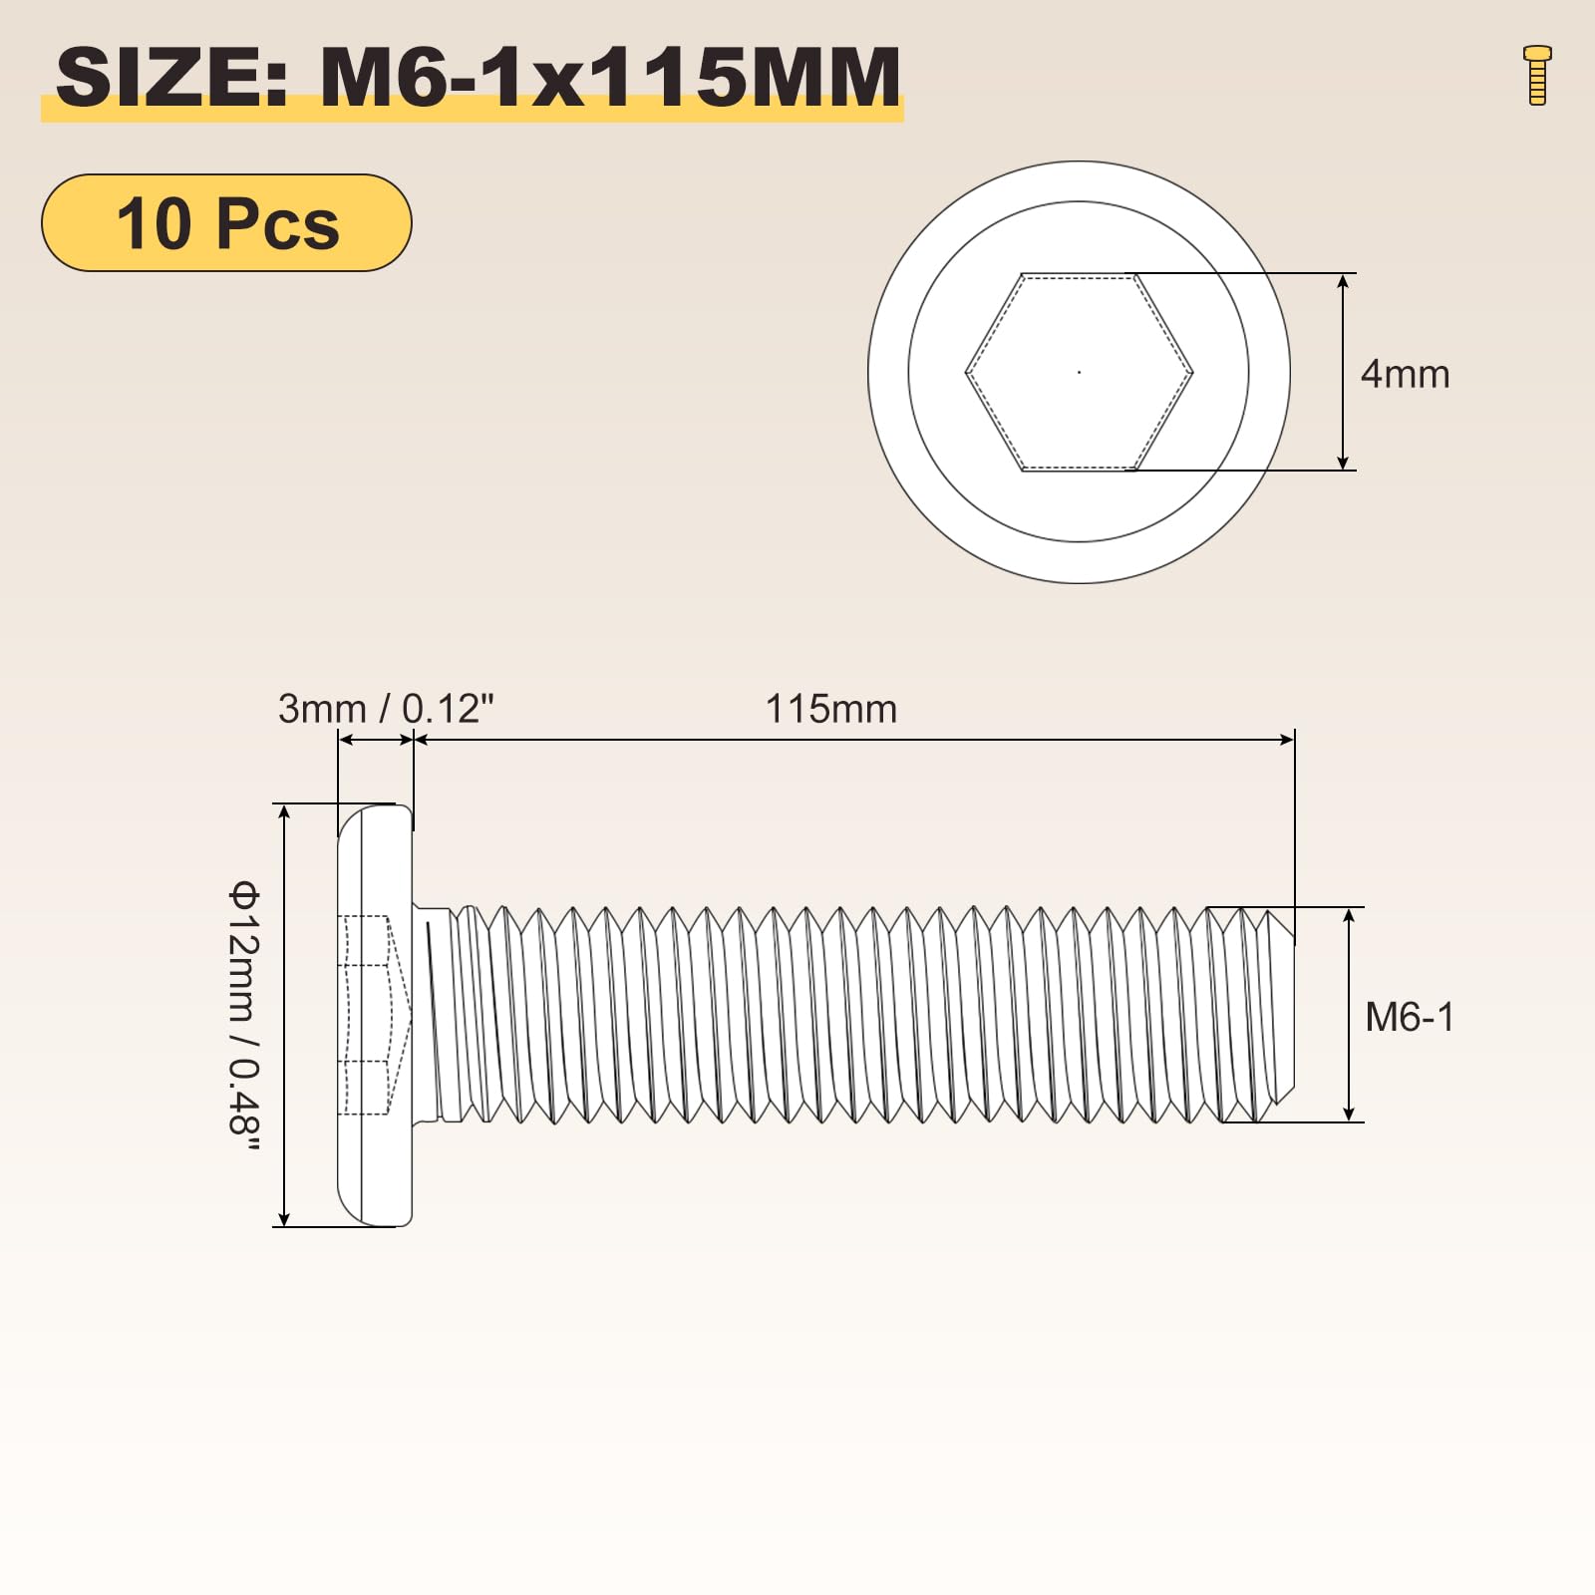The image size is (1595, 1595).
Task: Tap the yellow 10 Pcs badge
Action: click(x=226, y=222)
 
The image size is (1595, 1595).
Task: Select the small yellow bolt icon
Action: click(x=1537, y=75)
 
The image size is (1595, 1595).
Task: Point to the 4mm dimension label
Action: click(x=1405, y=374)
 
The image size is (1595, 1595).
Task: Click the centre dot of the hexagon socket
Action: click(x=1080, y=372)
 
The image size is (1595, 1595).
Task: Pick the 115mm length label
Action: click(x=830, y=709)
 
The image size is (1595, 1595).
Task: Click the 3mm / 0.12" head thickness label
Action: click(x=386, y=709)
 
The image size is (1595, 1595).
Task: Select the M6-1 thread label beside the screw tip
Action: click(x=1410, y=1017)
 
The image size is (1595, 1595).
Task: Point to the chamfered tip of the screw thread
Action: click(x=1281, y=1015)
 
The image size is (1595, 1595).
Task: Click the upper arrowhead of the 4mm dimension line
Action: click(x=1343, y=281)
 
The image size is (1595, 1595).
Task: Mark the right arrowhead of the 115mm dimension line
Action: click(x=1287, y=739)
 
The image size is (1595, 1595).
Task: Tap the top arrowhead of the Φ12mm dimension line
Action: click(x=284, y=811)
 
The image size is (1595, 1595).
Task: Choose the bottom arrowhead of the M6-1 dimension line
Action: click(x=1349, y=1115)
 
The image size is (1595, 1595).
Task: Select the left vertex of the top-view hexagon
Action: click(x=967, y=373)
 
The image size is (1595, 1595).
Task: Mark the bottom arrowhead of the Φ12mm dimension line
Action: click(x=284, y=1218)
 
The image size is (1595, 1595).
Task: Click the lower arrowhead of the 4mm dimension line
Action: click(x=1343, y=462)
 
